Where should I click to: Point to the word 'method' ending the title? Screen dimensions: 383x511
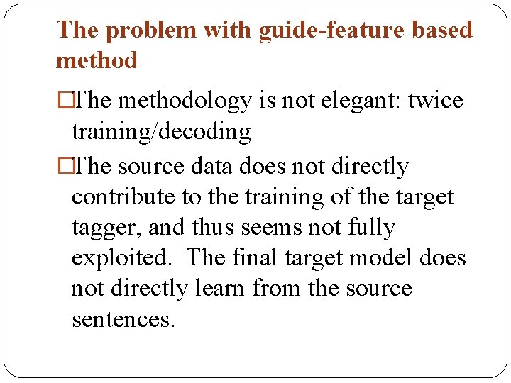(97, 61)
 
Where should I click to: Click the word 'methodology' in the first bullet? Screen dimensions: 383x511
(185, 101)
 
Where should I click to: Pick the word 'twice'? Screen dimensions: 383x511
(437, 101)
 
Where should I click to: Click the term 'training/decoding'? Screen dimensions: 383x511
(161, 132)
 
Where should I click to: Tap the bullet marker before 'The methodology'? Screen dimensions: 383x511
(62, 101)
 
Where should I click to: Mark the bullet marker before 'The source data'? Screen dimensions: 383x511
(62, 167)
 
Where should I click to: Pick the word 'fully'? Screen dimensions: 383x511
(370, 228)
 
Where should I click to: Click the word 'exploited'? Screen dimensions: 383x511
(121, 258)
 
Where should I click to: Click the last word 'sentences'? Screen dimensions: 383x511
(121, 320)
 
